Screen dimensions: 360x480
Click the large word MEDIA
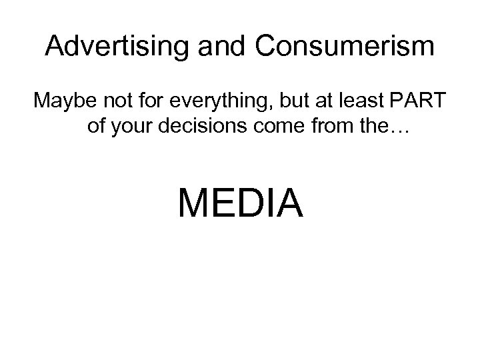point(240,203)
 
